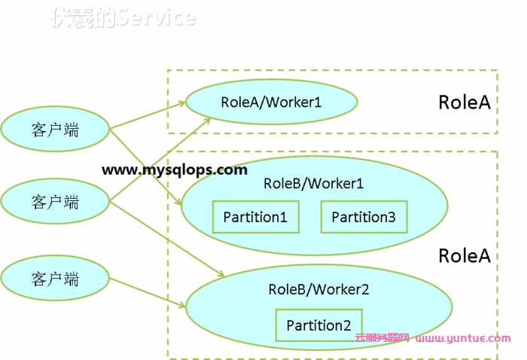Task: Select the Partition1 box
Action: [x=255, y=217]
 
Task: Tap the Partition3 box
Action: [x=364, y=217]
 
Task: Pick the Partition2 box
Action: [x=318, y=325]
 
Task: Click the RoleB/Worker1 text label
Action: [x=314, y=183]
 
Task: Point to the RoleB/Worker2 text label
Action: [x=318, y=289]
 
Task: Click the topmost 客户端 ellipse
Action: [x=55, y=129]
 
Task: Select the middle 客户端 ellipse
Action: [x=55, y=201]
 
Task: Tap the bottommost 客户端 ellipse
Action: [x=55, y=278]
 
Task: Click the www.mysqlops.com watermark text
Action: [x=174, y=169]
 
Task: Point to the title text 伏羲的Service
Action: [x=123, y=18]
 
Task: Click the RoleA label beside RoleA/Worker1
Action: [x=464, y=102]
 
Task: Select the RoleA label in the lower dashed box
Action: [x=464, y=255]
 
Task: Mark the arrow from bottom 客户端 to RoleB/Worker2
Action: [x=147, y=294]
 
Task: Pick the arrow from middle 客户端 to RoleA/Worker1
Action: [x=158, y=158]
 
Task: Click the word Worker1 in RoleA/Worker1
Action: [x=297, y=101]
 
